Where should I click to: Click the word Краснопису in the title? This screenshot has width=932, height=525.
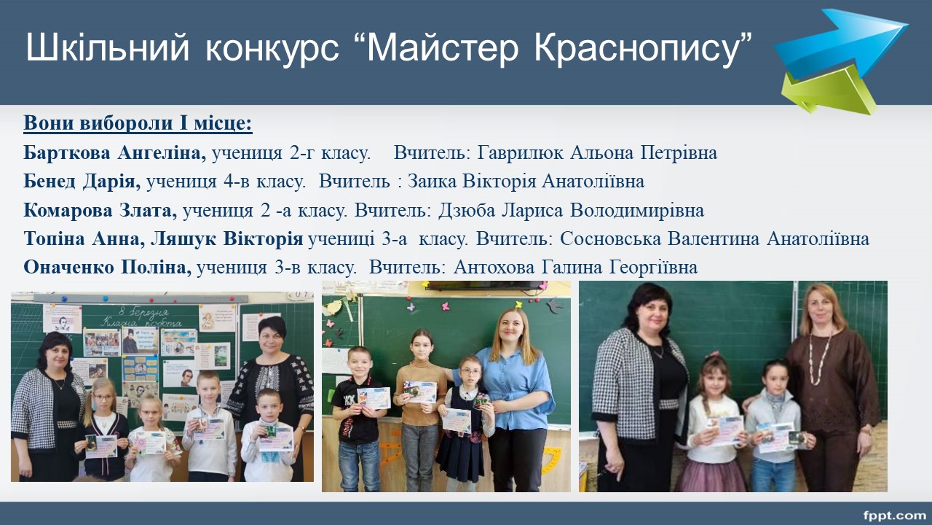(637, 49)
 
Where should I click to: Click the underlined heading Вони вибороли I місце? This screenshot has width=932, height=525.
(138, 123)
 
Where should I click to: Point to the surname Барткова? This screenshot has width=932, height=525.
(66, 153)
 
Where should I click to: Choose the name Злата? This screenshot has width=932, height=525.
(148, 211)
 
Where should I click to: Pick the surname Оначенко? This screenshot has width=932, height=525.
(69, 268)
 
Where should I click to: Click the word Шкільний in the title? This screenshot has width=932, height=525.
(107, 49)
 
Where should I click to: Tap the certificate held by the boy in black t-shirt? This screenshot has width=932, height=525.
(374, 398)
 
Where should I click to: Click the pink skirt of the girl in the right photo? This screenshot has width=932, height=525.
(711, 474)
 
